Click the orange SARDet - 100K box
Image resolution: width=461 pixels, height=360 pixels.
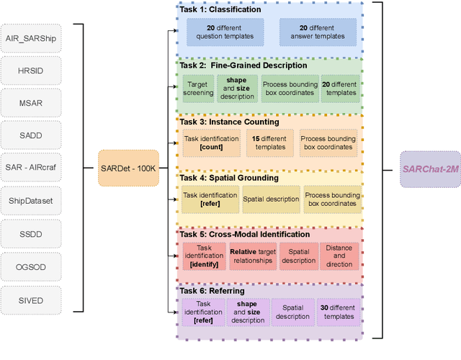point(128,168)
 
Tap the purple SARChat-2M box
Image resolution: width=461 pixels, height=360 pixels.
point(430,168)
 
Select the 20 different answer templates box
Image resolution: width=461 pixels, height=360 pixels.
point(318,30)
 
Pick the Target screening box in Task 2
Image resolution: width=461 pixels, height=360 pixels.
point(198,88)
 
